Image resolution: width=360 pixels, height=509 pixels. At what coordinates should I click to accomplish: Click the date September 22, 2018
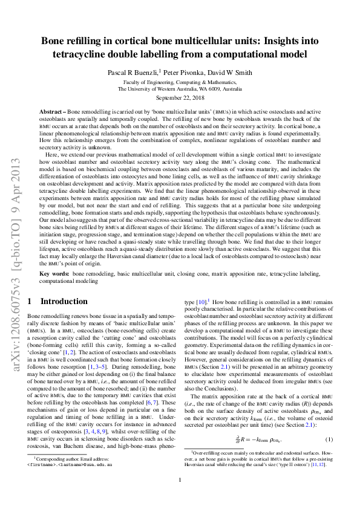coord(180,97)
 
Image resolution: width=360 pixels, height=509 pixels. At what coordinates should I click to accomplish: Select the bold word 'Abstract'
coord(52,112)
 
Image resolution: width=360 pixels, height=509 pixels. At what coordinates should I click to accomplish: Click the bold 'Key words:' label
coord(54,274)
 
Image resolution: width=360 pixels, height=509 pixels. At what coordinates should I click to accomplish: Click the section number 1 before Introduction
coord(30,301)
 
